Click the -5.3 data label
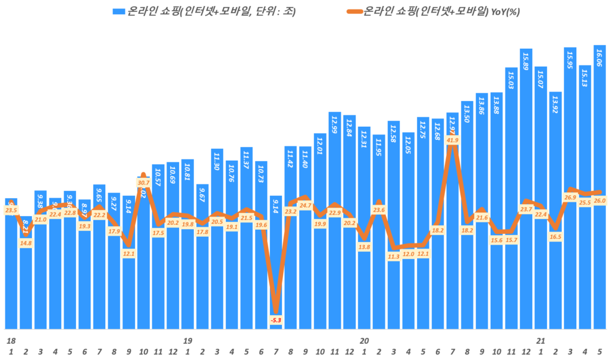pyautogui.click(x=275, y=321)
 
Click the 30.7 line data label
pyautogui.click(x=143, y=183)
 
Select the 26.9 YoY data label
pyautogui.click(x=570, y=198)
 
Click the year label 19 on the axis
pyautogui.click(x=188, y=341)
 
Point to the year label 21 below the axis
pyautogui.click(x=541, y=341)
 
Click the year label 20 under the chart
pyautogui.click(x=364, y=341)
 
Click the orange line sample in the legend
pyautogui.click(x=353, y=11)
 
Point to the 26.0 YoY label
pyautogui.click(x=599, y=201)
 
